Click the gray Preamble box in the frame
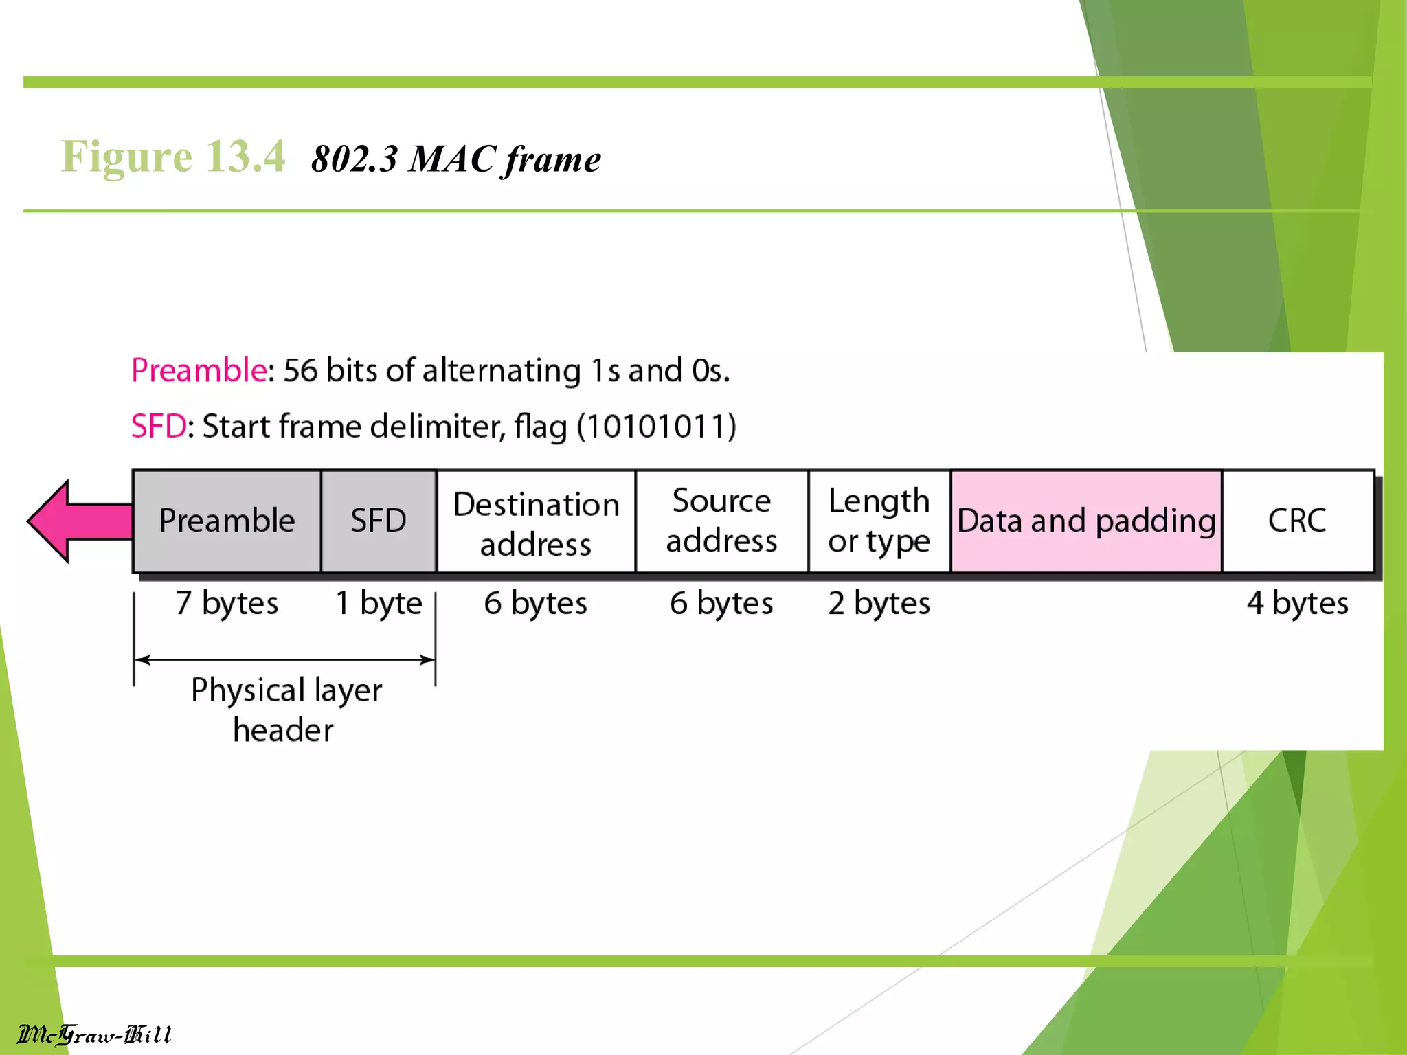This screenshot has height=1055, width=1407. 227,521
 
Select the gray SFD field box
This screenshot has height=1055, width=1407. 379,521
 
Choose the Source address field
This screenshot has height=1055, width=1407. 721,521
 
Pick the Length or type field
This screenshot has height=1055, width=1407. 879,521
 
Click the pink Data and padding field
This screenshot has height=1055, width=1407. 1086,521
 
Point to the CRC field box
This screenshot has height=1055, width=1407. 1297,521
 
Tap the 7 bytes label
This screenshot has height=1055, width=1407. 227,603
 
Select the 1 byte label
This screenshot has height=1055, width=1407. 379,603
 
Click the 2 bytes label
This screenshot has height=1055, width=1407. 879,603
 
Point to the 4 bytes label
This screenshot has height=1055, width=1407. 1297,603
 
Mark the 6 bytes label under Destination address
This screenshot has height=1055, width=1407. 536,603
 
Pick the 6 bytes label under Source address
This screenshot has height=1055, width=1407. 721,603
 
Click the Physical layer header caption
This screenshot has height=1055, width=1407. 285,709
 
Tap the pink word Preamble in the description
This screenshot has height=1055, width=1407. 199,370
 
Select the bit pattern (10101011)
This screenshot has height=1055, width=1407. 656,427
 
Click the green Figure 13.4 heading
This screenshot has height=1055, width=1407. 173,157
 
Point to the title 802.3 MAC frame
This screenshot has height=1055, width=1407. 456,159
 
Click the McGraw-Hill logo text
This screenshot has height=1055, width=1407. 95,1034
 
